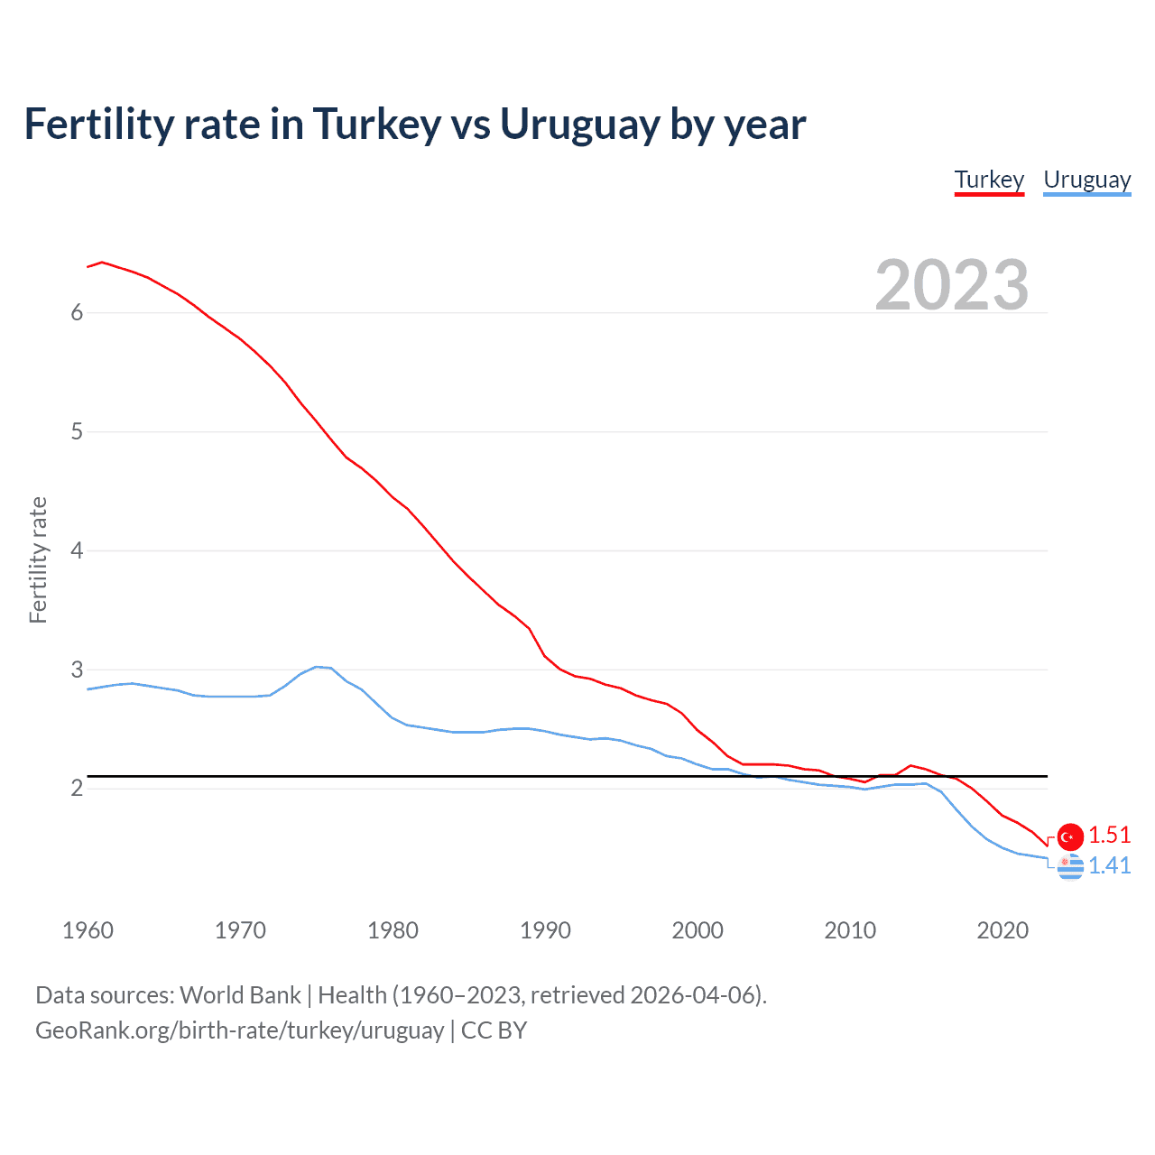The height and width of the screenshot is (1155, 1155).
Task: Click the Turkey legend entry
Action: point(989,180)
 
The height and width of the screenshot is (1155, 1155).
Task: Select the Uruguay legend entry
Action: point(1086,180)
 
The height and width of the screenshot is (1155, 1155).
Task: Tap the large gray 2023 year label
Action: point(951,285)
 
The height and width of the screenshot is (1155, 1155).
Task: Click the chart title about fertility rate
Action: point(415,125)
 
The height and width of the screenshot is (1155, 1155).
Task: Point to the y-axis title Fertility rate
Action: point(38,559)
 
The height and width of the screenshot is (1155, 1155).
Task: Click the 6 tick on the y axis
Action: point(77,312)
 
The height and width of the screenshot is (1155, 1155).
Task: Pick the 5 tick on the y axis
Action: point(77,431)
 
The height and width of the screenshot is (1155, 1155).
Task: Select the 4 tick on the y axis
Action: point(77,550)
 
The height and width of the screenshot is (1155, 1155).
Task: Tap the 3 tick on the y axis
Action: point(77,670)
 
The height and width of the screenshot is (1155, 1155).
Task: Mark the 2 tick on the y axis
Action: point(77,789)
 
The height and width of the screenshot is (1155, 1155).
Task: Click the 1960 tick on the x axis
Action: point(88,930)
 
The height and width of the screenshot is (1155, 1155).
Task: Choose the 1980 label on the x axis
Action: point(393,930)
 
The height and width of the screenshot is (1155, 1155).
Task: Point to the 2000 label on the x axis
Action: point(698,930)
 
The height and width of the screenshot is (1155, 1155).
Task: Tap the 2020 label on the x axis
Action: point(1003,930)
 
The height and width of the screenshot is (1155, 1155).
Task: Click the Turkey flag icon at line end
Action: point(1070,836)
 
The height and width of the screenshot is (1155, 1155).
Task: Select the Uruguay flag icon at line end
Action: point(1070,867)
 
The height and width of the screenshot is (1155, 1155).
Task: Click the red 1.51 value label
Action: point(1109,836)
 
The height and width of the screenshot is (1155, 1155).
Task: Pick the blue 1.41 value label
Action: point(1109,866)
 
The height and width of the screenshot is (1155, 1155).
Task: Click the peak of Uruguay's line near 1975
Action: point(317,667)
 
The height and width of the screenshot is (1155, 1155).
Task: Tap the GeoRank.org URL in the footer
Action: point(239,1030)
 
